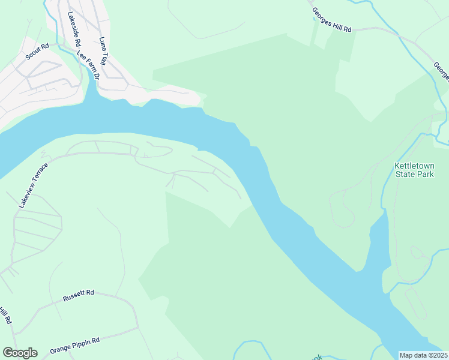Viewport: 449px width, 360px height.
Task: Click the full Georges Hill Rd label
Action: (x=331, y=20)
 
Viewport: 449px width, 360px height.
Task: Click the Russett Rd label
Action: (x=79, y=294)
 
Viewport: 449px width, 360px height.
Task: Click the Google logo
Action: (x=20, y=353)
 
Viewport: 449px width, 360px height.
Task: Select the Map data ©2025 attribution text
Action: (x=423, y=355)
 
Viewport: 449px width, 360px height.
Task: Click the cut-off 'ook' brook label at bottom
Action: (x=319, y=356)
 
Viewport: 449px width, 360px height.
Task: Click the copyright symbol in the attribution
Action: (x=429, y=355)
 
